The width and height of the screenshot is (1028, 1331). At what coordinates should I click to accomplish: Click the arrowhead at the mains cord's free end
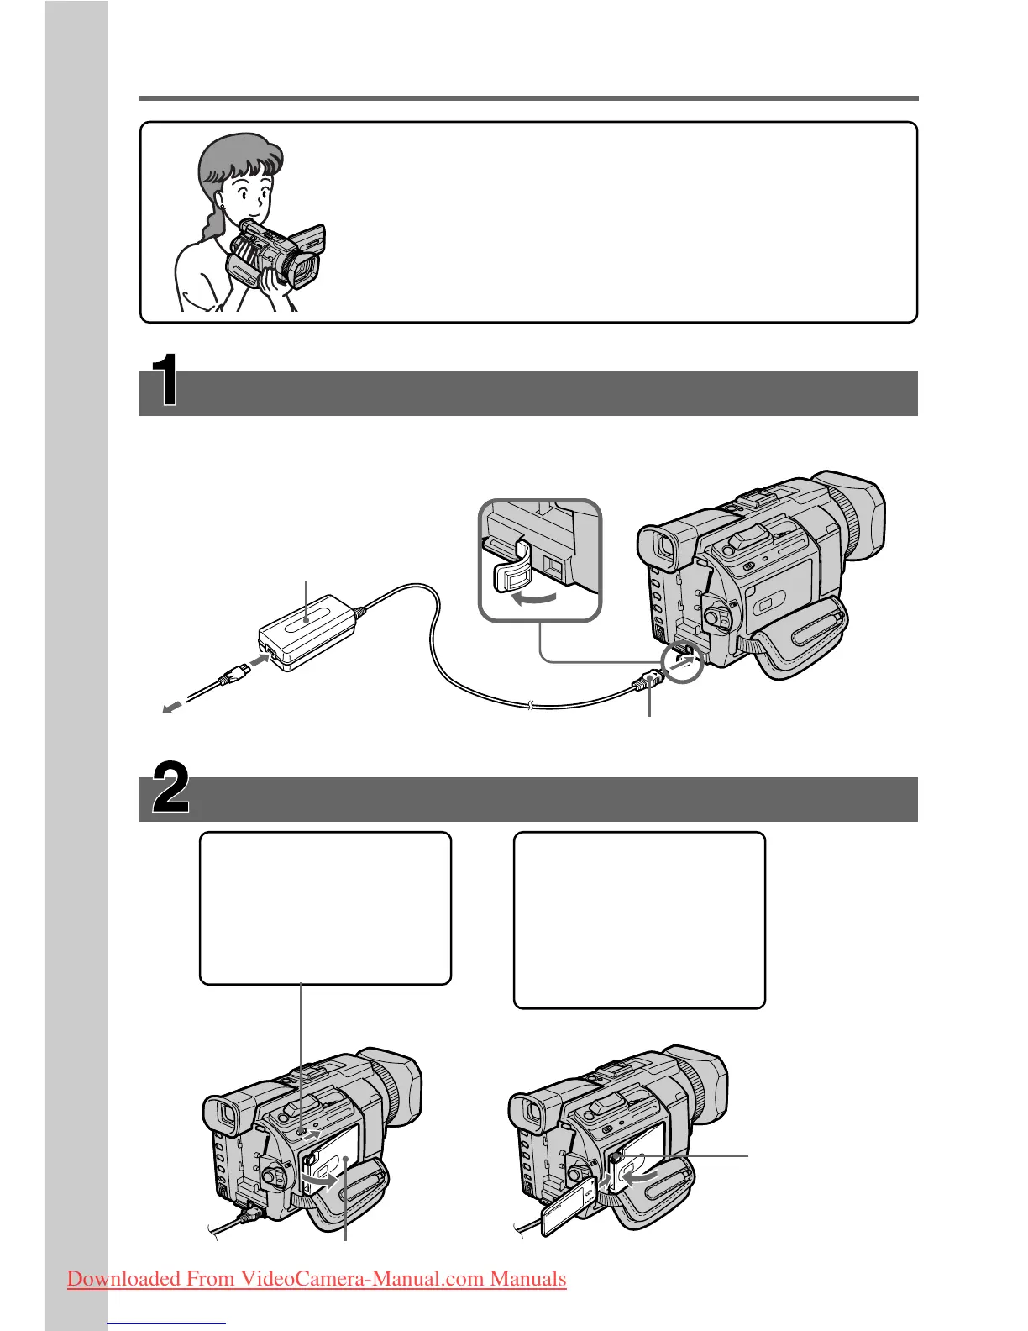pyautogui.click(x=170, y=708)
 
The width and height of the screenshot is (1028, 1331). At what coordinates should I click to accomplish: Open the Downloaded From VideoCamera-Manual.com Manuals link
pyautogui.click(x=317, y=1279)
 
